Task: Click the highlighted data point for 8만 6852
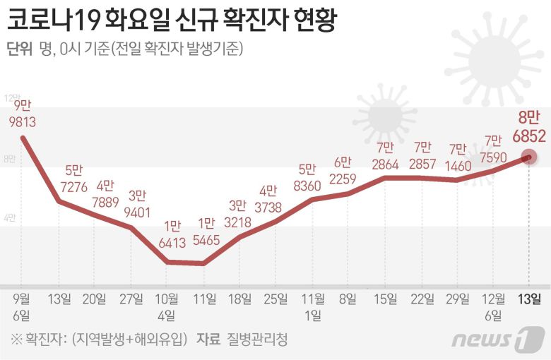(529, 157)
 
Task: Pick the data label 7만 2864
(384, 155)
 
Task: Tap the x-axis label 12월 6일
(493, 305)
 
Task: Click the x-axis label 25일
(274, 299)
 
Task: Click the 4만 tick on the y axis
(10, 217)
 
